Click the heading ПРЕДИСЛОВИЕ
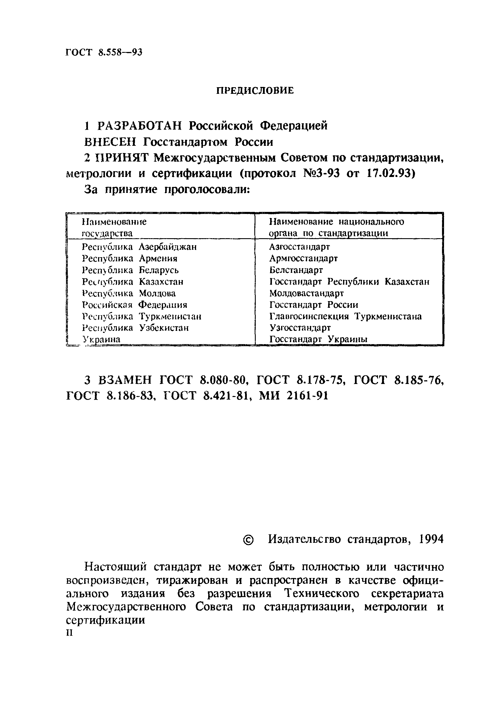pyautogui.click(x=255, y=91)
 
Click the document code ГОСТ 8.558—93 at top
pyautogui.click(x=104, y=52)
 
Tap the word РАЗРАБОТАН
pyautogui.click(x=139, y=126)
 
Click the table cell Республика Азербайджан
pyautogui.click(x=139, y=247)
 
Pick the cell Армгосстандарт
pyautogui.click(x=303, y=258)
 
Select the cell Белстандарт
pyautogui.click(x=296, y=270)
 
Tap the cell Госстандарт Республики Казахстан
pyautogui.click(x=349, y=281)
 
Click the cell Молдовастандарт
pyautogui.click(x=306, y=293)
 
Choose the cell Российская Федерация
pyautogui.click(x=135, y=305)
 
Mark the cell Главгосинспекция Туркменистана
pyautogui.click(x=345, y=316)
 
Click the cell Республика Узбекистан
pyautogui.click(x=136, y=328)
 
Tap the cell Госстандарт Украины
pyautogui.click(x=318, y=339)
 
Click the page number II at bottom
pyautogui.click(x=69, y=633)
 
